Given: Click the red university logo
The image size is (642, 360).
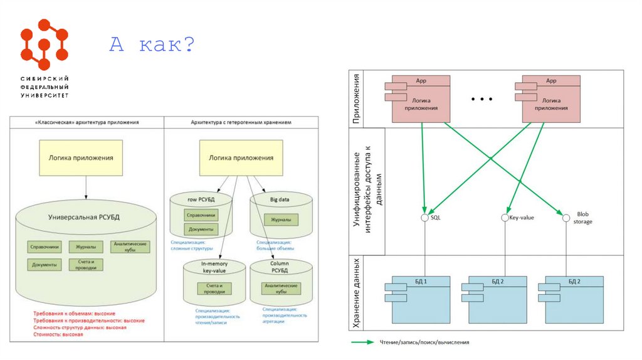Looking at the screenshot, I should [44, 45].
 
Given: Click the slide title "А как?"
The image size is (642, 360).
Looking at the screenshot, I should [152, 45].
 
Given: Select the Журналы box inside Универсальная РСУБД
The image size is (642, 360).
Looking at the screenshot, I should [82, 246].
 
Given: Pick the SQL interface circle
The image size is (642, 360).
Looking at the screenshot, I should [425, 218].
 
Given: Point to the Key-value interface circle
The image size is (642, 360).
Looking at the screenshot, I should [505, 218].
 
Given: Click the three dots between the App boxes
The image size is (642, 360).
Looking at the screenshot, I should [481, 100].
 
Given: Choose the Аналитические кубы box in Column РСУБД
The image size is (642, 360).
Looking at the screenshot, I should [281, 289].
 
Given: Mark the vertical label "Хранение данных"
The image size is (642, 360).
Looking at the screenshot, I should [356, 292].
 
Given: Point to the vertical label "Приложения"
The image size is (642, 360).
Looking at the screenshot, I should [356, 99].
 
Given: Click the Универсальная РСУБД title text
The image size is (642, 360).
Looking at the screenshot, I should [83, 217].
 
